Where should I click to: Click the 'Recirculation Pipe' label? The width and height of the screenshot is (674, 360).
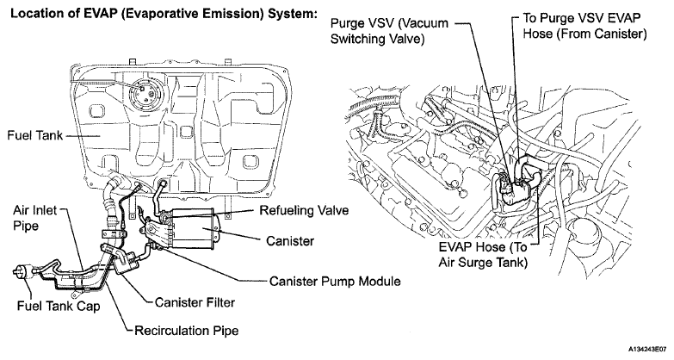[187, 329]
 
